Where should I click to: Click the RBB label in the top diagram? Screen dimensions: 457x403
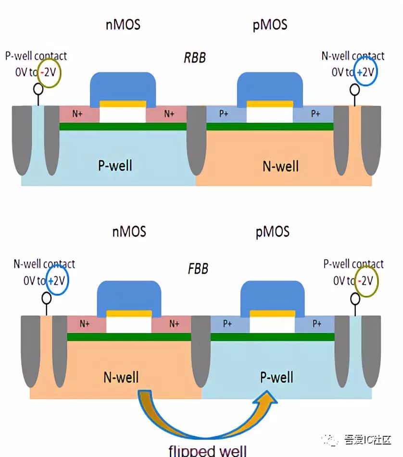pyautogui.click(x=195, y=58)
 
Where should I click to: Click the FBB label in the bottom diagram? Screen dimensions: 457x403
pyautogui.click(x=198, y=268)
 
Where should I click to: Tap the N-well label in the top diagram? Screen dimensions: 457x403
pyautogui.click(x=280, y=166)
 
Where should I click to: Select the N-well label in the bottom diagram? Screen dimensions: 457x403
pyautogui.click(x=121, y=377)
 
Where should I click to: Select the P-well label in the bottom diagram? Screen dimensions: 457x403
pyautogui.click(x=277, y=377)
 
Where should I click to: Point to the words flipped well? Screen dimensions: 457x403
pyautogui.click(x=207, y=450)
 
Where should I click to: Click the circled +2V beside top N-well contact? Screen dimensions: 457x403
pyautogui.click(x=365, y=72)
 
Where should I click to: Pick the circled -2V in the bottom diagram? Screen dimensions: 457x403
pyautogui.click(x=367, y=281)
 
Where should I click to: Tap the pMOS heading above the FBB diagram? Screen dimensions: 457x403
pyautogui.click(x=272, y=232)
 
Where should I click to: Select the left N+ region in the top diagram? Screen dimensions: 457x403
pyautogui.click(x=77, y=114)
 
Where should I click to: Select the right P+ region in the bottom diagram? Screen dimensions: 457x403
pyautogui.click(x=316, y=324)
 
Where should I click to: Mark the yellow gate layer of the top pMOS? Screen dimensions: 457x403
pyautogui.click(x=270, y=104)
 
